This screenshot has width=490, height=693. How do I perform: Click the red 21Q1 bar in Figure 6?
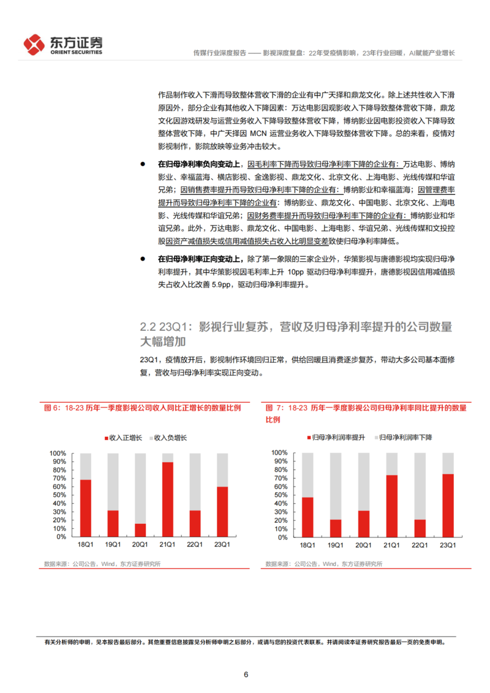pyautogui.click(x=168, y=499)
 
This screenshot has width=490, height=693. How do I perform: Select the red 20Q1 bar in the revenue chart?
pyautogui.click(x=140, y=530)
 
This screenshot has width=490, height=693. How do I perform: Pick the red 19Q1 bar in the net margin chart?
pyautogui.click(x=335, y=528)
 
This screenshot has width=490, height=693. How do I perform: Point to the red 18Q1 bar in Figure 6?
pyautogui.click(x=86, y=508)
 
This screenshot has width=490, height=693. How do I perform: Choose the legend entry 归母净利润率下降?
pyautogui.click(x=402, y=437)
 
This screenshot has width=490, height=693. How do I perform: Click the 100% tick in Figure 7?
pyautogui.click(x=279, y=453)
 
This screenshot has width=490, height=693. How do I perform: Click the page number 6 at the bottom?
pyautogui.click(x=246, y=675)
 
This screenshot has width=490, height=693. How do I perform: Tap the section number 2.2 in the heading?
pyautogui.click(x=148, y=327)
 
